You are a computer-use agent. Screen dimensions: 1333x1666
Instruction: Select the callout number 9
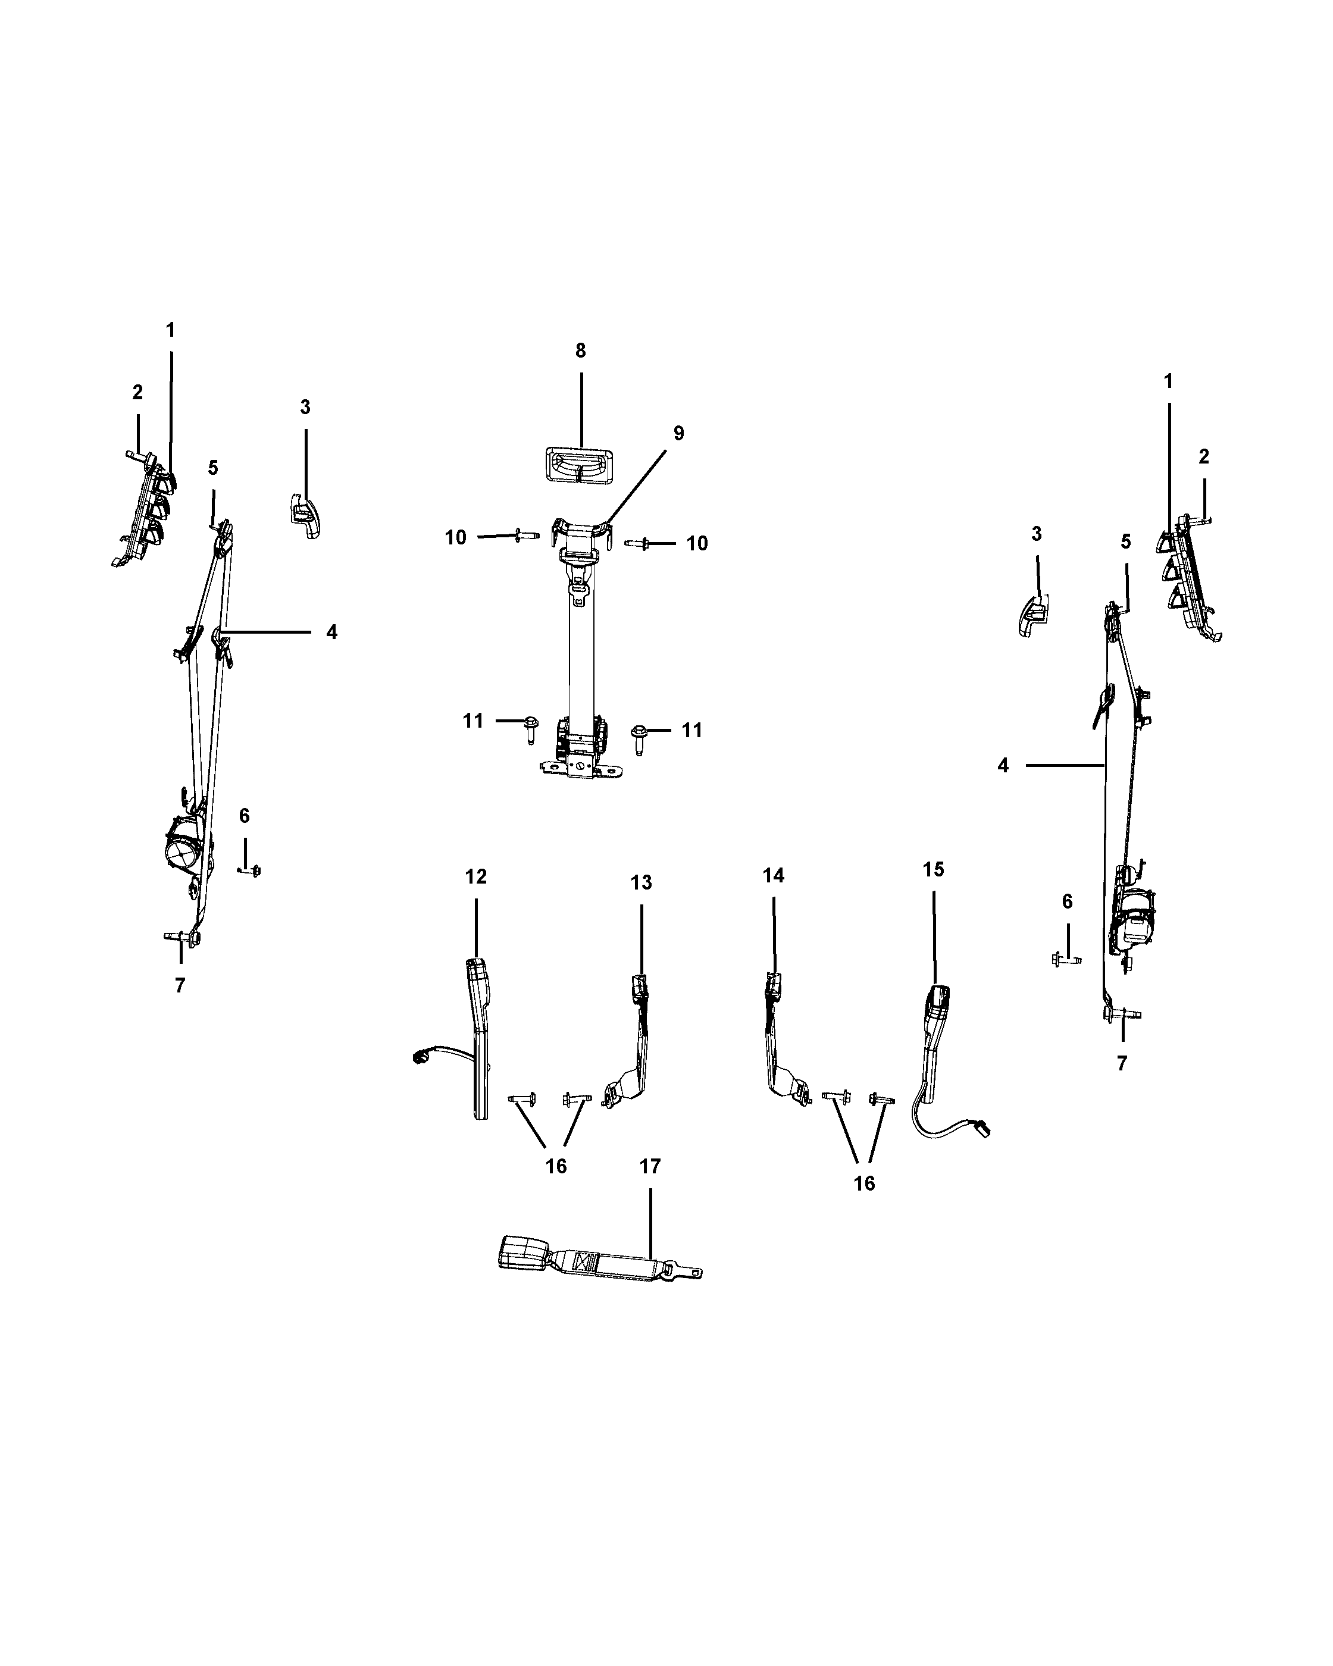pyautogui.click(x=678, y=434)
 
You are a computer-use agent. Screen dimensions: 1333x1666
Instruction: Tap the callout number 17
pyautogui.click(x=650, y=1166)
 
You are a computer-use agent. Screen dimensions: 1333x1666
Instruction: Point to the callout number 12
pyautogui.click(x=476, y=876)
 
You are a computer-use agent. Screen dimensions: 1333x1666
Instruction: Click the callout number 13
pyautogui.click(x=640, y=882)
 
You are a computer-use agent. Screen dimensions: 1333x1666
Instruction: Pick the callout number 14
pyautogui.click(x=773, y=875)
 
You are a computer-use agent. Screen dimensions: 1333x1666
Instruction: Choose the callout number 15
pyautogui.click(x=933, y=869)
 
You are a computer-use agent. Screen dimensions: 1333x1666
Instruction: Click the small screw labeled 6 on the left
pyautogui.click(x=251, y=871)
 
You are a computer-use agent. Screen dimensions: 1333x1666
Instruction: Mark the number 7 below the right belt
pyautogui.click(x=1122, y=1063)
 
